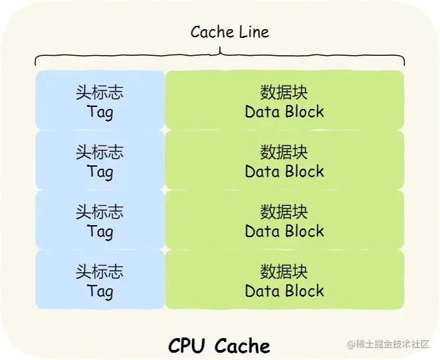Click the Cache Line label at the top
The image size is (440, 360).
(x=229, y=32)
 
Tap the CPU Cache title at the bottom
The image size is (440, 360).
(x=219, y=345)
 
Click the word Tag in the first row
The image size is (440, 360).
(x=100, y=112)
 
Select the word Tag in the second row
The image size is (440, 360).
(x=100, y=171)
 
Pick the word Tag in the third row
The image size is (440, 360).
(x=100, y=231)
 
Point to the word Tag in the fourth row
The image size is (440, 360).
(x=100, y=291)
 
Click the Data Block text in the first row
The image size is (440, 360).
(x=284, y=112)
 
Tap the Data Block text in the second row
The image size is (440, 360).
(x=284, y=171)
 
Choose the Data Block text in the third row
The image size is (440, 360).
(x=284, y=231)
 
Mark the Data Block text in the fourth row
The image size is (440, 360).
(x=284, y=291)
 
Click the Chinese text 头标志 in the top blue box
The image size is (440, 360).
(x=100, y=92)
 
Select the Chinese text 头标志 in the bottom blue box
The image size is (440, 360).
(x=100, y=272)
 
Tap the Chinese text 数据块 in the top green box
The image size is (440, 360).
(x=284, y=92)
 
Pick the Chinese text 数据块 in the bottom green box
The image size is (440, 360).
(x=284, y=272)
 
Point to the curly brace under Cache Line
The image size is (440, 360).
(x=219, y=56)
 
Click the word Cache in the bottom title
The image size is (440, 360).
(x=243, y=345)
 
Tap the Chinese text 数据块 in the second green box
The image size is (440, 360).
(x=284, y=152)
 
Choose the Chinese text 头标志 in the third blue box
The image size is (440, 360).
(x=100, y=212)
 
